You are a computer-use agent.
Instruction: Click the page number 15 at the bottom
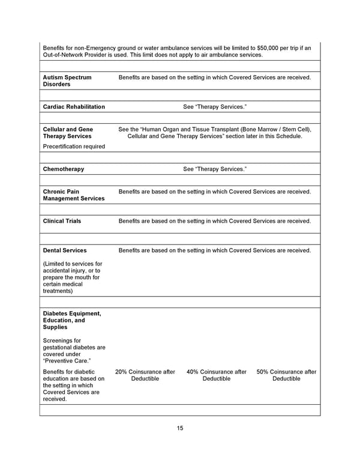pyautogui.click(x=180, y=428)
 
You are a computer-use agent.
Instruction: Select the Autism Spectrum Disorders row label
pyautogui.click(x=67, y=81)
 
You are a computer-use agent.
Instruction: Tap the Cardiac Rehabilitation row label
pyautogui.click(x=74, y=107)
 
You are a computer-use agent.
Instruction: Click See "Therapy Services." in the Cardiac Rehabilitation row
pyautogui.click(x=215, y=107)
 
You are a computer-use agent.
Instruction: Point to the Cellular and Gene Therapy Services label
pyautogui.click(x=68, y=133)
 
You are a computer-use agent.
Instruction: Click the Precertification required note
pyautogui.click(x=74, y=147)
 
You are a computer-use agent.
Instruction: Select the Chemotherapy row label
pyautogui.click(x=64, y=169)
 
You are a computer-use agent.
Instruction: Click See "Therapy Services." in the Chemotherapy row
pyautogui.click(x=215, y=169)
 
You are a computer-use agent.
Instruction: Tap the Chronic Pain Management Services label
pyautogui.click(x=73, y=195)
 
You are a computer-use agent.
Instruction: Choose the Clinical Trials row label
pyautogui.click(x=62, y=221)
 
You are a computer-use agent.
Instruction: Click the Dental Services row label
pyautogui.click(x=65, y=250)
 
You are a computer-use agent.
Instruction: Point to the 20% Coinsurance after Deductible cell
pyautogui.click(x=145, y=375)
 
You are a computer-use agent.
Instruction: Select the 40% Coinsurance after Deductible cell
pyautogui.click(x=216, y=375)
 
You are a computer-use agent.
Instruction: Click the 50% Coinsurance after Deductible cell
pyautogui.click(x=286, y=375)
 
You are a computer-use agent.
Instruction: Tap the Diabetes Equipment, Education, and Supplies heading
pyautogui.click(x=72, y=320)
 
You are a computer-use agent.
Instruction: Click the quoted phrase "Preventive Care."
pyautogui.click(x=67, y=361)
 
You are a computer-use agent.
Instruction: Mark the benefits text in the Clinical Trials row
pyautogui.click(x=215, y=221)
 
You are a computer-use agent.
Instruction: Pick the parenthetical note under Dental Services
pyautogui.click(x=73, y=277)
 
